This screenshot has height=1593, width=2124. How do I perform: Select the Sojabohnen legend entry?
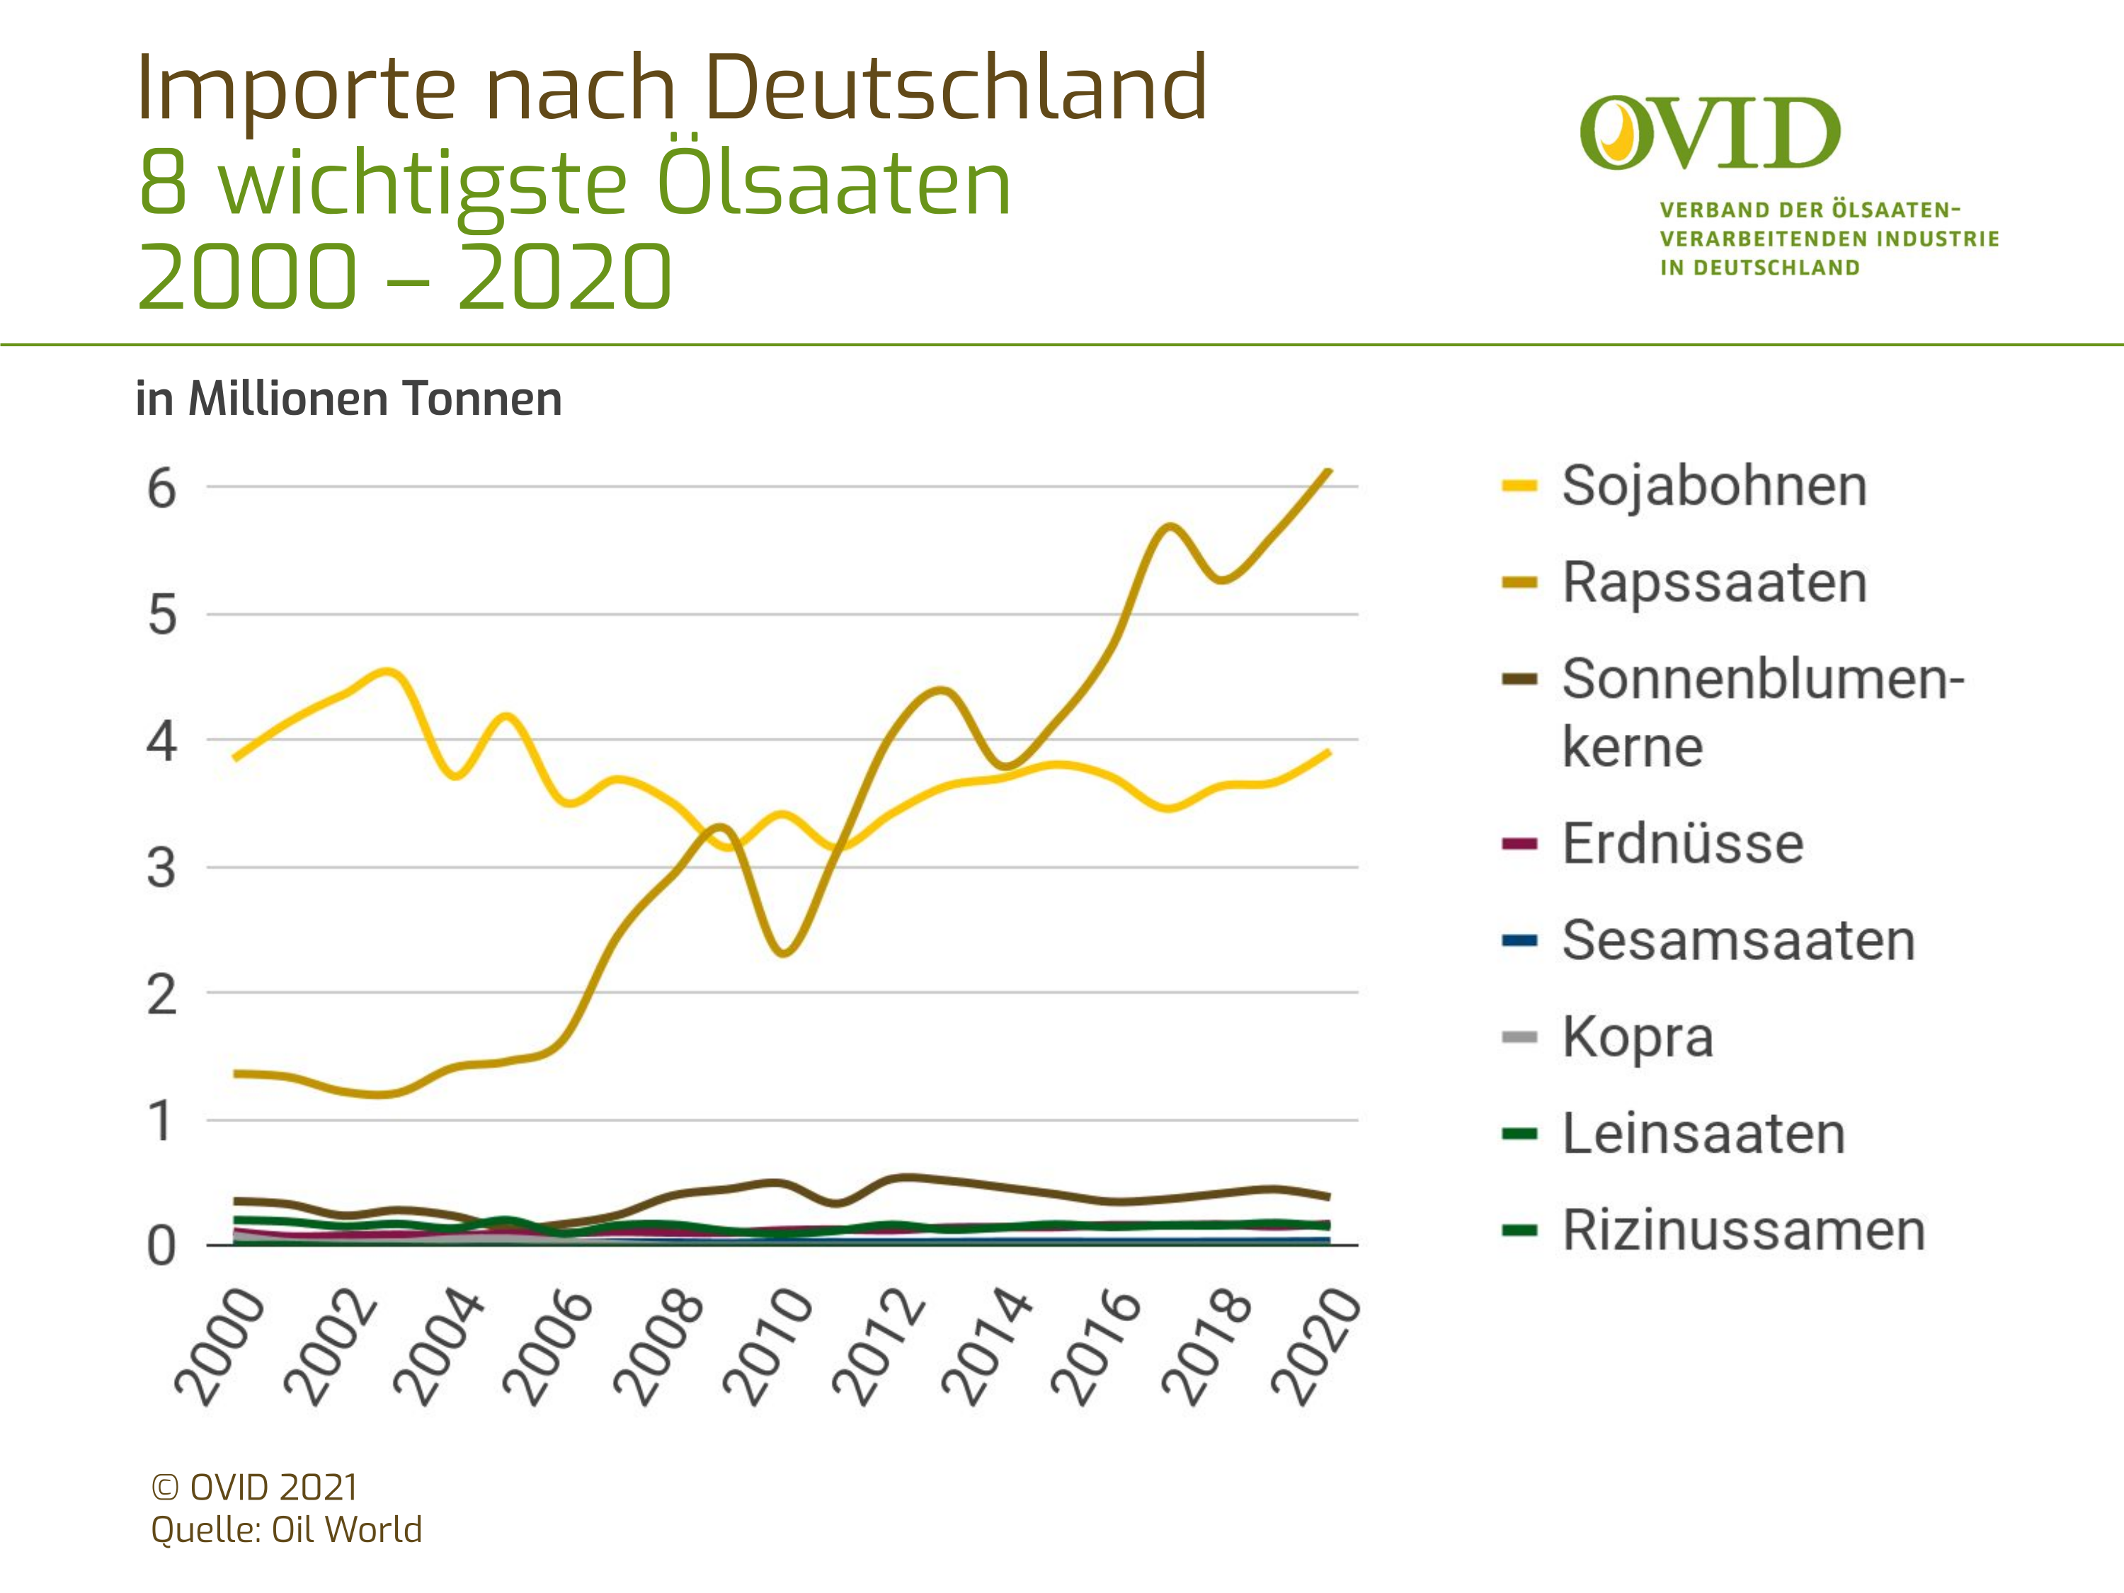(1714, 485)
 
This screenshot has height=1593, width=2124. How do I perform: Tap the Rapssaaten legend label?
(1714, 582)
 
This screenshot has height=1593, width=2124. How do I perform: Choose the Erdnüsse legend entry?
(1682, 843)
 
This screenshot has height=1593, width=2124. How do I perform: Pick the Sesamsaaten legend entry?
(1738, 940)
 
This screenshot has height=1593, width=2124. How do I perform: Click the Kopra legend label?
(1637, 1037)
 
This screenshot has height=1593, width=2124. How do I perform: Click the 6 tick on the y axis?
(161, 489)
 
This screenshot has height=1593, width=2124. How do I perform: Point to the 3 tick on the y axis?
(161, 869)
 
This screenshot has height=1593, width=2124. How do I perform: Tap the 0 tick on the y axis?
(161, 1247)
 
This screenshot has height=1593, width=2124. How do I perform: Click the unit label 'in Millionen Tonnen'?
(348, 399)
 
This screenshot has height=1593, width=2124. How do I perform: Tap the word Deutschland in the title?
(955, 88)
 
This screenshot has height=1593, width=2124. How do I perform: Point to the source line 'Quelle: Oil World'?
(286, 1529)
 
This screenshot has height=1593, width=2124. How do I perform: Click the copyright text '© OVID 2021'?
(254, 1488)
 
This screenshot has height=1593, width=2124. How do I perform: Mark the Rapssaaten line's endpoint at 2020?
(1329, 471)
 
